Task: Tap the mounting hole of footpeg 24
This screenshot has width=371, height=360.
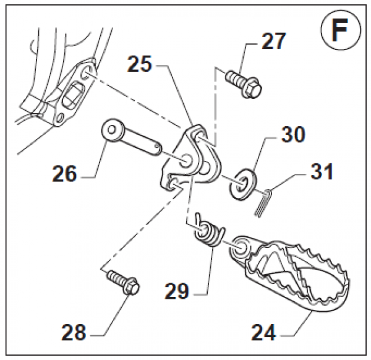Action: coord(240,247)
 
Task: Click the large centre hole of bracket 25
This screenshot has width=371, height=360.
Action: coord(186,162)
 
